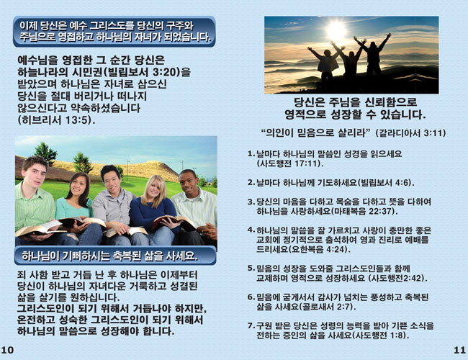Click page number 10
pos(7,350)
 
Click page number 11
pos(459,350)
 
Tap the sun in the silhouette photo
pos(337,30)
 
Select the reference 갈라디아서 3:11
pos(410,133)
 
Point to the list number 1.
pos(250,154)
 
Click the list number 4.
pos(250,230)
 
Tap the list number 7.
pos(250,325)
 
